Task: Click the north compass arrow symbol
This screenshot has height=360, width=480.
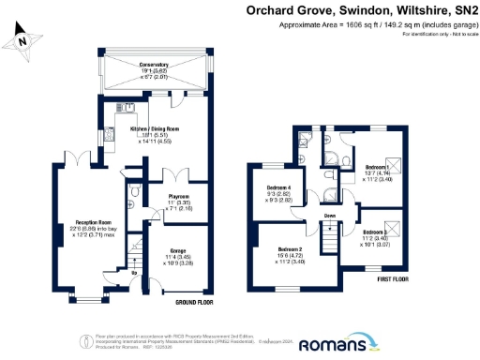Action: [23, 40]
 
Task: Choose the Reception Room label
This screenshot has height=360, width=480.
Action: [94, 222]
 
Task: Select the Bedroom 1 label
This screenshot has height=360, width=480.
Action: [381, 168]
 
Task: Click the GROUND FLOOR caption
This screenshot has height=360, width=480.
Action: [195, 302]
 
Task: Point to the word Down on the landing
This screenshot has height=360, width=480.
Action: [330, 215]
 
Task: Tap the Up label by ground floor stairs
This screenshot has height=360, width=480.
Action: [133, 273]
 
